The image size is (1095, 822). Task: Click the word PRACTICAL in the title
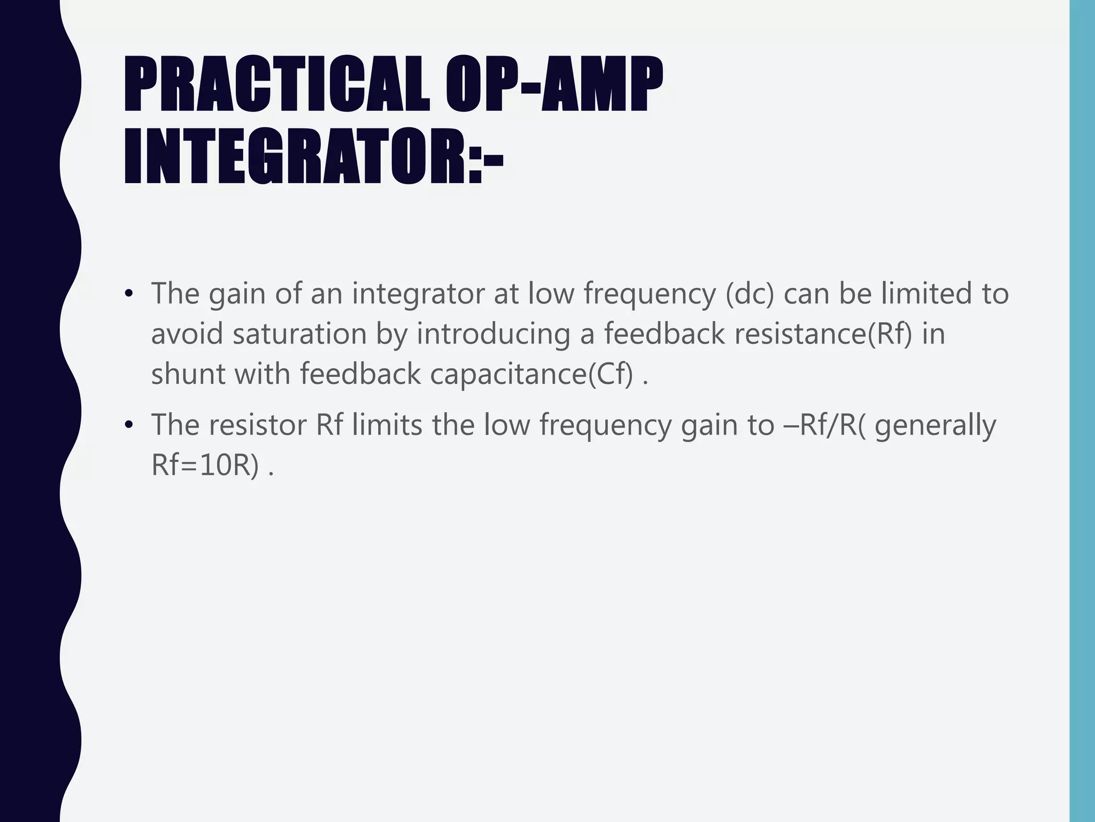277,86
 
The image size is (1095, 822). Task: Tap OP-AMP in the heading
554,86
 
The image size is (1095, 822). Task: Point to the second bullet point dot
128,425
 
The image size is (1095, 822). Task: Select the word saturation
299,333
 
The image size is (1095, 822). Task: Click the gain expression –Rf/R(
825,425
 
